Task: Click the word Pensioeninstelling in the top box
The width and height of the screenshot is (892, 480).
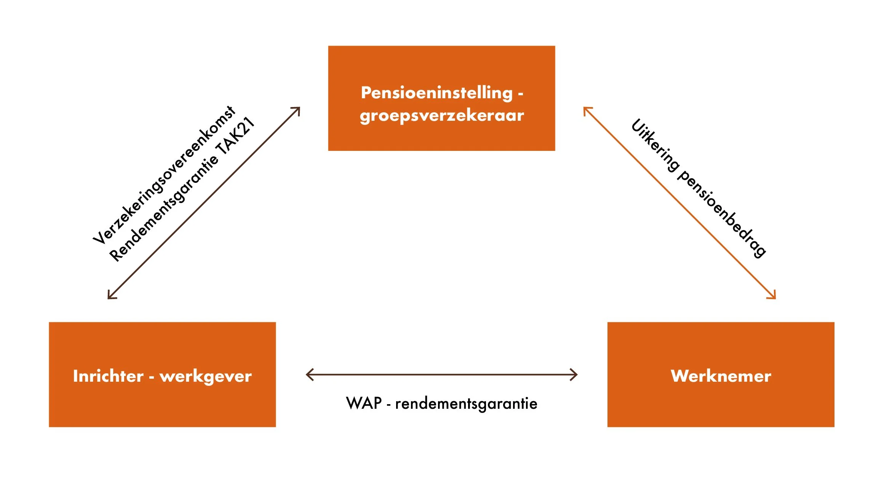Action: (436, 93)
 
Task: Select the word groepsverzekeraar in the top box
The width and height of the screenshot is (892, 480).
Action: (442, 115)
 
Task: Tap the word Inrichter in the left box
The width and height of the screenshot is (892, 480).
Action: (108, 376)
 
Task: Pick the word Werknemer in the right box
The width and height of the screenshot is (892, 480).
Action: (721, 376)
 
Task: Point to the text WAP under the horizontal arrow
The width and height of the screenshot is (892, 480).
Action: (364, 403)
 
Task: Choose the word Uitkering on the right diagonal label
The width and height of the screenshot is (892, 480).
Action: (655, 145)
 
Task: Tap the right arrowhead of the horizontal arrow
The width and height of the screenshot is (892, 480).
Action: (575, 374)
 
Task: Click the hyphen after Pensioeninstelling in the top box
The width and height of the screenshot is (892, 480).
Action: (520, 93)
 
